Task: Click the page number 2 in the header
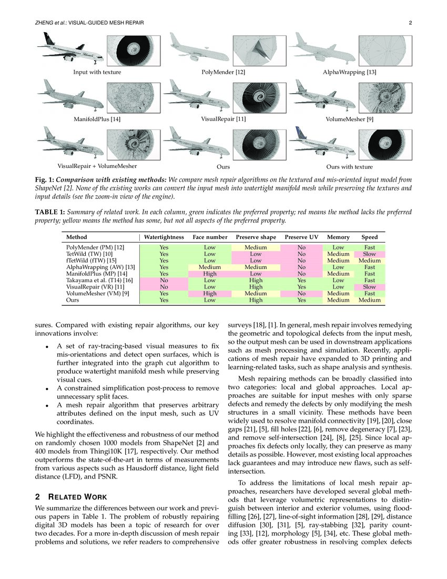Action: click(409, 23)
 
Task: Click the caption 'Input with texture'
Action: click(97, 72)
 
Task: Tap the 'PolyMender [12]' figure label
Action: click(223, 72)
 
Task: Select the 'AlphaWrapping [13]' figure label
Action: click(350, 72)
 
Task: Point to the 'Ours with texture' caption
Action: click(349, 167)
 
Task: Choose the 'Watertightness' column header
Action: click(164, 237)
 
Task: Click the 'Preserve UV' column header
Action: click(301, 237)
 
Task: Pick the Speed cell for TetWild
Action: click(369, 254)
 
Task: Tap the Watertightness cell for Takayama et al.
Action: click(164, 281)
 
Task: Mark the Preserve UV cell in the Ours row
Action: click(301, 300)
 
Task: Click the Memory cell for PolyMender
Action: click(338, 247)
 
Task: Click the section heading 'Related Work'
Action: click(71, 497)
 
